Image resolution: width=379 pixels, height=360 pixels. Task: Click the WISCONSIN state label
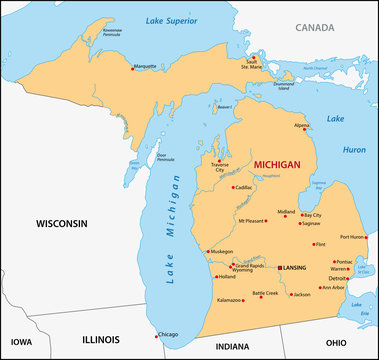(x=62, y=222)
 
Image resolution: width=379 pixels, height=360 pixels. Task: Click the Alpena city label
(x=301, y=126)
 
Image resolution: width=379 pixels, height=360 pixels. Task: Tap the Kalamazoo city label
(x=229, y=299)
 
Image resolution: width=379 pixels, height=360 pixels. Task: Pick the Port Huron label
(x=351, y=237)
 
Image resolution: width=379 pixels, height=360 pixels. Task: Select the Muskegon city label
(x=221, y=251)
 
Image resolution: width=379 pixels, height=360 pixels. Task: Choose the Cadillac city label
(x=243, y=187)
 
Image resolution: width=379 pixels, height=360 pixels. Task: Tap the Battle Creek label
(x=265, y=293)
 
